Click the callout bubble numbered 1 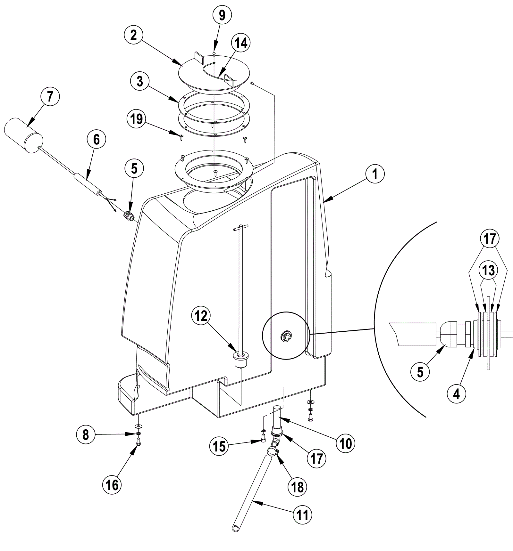pos(374,174)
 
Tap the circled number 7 pos(50,97)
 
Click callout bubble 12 pos(201,316)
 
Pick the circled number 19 pos(137,119)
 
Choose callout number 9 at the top pos(222,15)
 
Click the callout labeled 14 pos(241,43)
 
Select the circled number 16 pos(112,485)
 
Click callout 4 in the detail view pos(457,394)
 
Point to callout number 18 pos(298,487)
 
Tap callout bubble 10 pos(346,443)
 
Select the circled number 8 pos(86,435)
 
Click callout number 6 pos(96,140)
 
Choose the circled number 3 pos(140,82)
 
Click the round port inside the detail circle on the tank pos(285,336)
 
